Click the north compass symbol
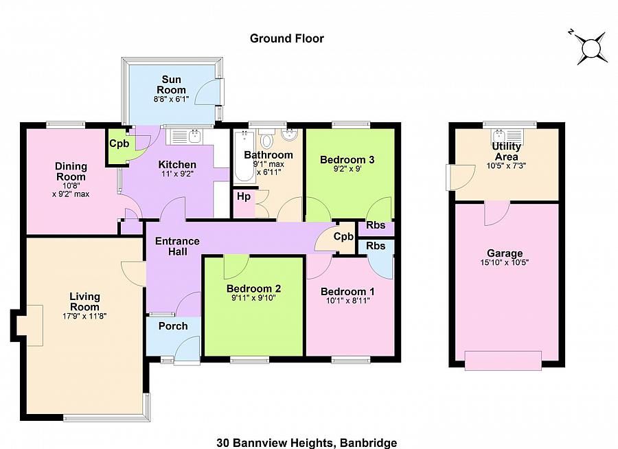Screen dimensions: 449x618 point(591,47)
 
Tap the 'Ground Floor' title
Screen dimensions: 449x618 point(286,38)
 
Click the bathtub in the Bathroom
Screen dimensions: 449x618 point(243,154)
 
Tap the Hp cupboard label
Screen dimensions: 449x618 point(243,196)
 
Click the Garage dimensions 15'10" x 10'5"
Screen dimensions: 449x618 point(505,262)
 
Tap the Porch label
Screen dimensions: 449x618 point(173,325)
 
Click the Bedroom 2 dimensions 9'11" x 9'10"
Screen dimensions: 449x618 point(253,299)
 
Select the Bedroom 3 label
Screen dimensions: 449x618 point(347,159)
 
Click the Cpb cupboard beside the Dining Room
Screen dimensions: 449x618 point(117,144)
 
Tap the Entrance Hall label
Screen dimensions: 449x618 point(177,246)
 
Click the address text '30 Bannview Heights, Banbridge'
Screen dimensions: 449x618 point(307,443)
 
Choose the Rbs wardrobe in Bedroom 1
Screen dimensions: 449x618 point(375,246)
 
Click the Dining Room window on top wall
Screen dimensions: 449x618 point(66,125)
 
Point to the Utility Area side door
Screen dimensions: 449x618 point(450,178)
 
